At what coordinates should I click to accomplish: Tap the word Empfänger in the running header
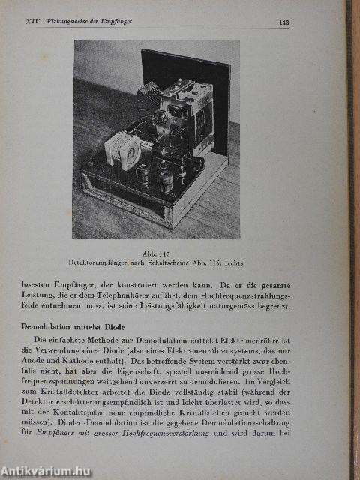(116, 22)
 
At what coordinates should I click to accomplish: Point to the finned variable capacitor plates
(149, 97)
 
